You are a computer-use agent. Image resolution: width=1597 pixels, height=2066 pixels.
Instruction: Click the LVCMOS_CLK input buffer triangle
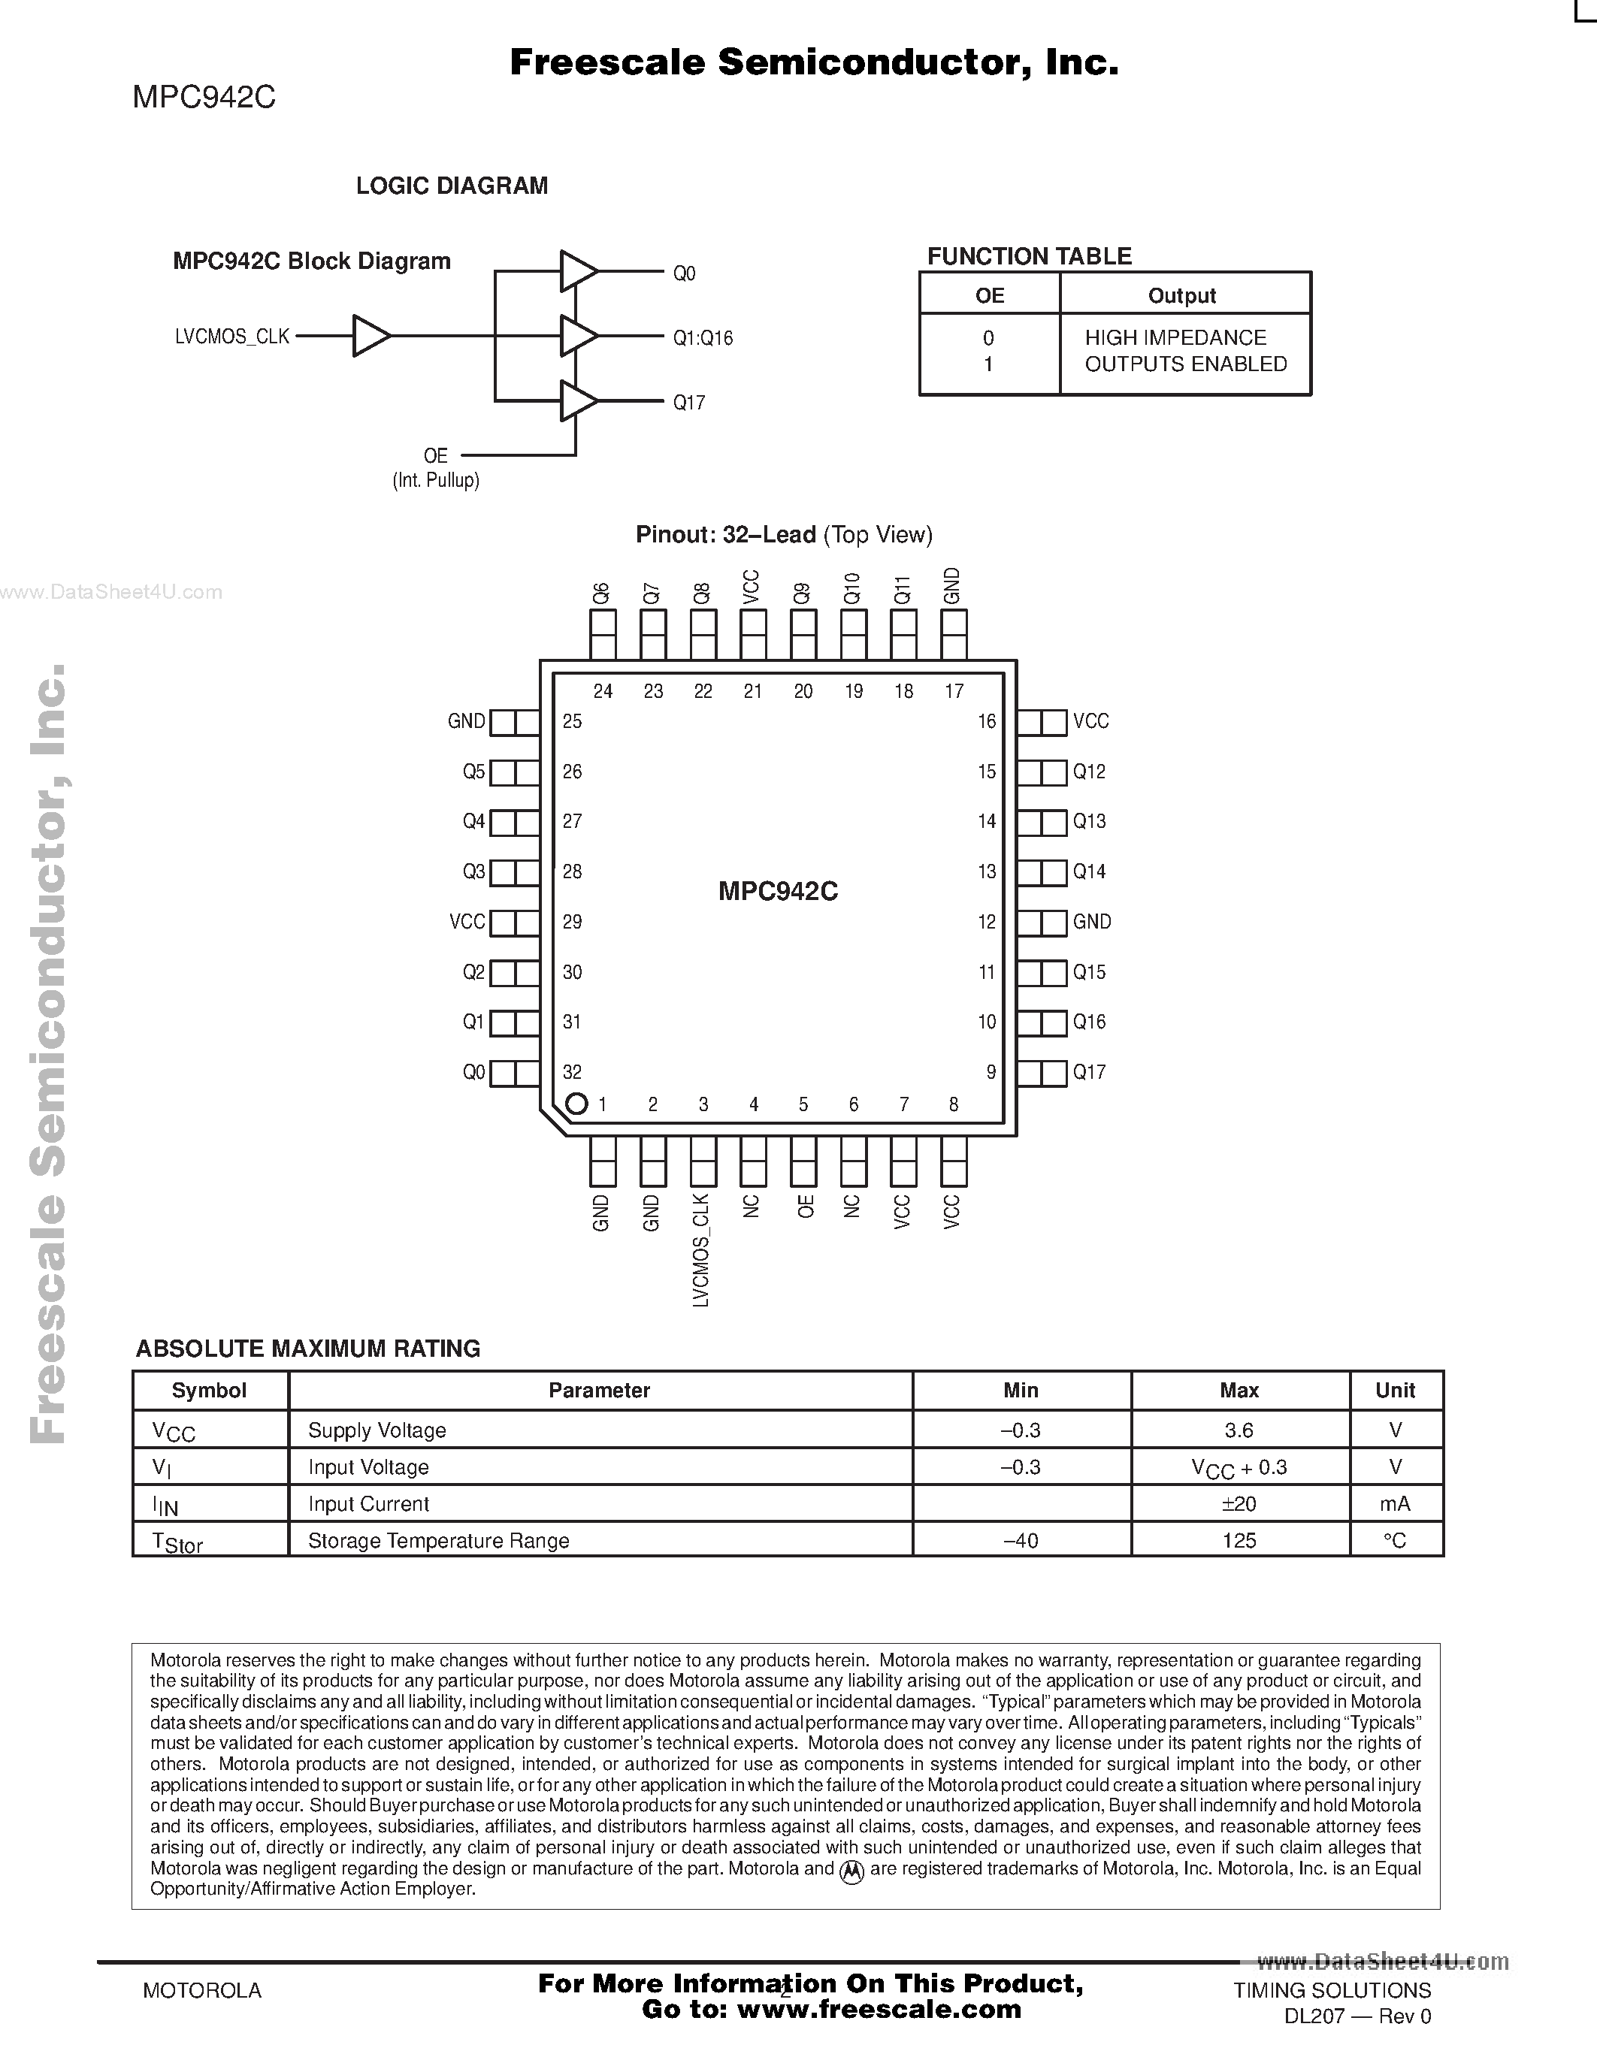pyautogui.click(x=370, y=336)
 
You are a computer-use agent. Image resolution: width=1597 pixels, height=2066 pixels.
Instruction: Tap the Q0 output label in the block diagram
pyautogui.click(x=684, y=273)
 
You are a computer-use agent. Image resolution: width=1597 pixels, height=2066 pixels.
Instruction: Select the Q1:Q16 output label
pyautogui.click(x=703, y=338)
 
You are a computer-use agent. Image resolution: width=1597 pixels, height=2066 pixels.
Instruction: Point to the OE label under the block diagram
pyautogui.click(x=435, y=456)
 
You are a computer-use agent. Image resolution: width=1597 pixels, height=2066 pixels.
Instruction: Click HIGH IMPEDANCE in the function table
pyautogui.click(x=1175, y=338)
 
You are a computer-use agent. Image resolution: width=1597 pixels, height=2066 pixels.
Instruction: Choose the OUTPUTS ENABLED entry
pyautogui.click(x=1185, y=364)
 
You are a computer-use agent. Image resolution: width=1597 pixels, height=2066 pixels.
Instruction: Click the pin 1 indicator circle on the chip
pyautogui.click(x=576, y=1103)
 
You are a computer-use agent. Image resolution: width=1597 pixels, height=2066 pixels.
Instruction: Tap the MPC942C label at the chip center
pyautogui.click(x=778, y=891)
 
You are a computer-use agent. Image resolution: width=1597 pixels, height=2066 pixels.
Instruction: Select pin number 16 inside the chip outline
pyautogui.click(x=987, y=722)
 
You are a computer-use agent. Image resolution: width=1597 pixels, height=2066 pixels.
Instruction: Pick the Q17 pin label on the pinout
pyautogui.click(x=1089, y=1072)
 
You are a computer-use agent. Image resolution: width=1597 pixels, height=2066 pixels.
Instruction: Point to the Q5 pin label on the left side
pyautogui.click(x=473, y=772)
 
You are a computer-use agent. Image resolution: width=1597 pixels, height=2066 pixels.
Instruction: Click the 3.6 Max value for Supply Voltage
pyautogui.click(x=1239, y=1430)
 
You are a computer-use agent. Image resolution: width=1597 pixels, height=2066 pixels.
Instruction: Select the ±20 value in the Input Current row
pyautogui.click(x=1239, y=1504)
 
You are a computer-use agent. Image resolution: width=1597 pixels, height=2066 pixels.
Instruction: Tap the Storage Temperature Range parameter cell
pyautogui.click(x=439, y=1541)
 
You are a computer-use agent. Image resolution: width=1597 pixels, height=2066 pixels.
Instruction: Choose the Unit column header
pyautogui.click(x=1395, y=1391)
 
